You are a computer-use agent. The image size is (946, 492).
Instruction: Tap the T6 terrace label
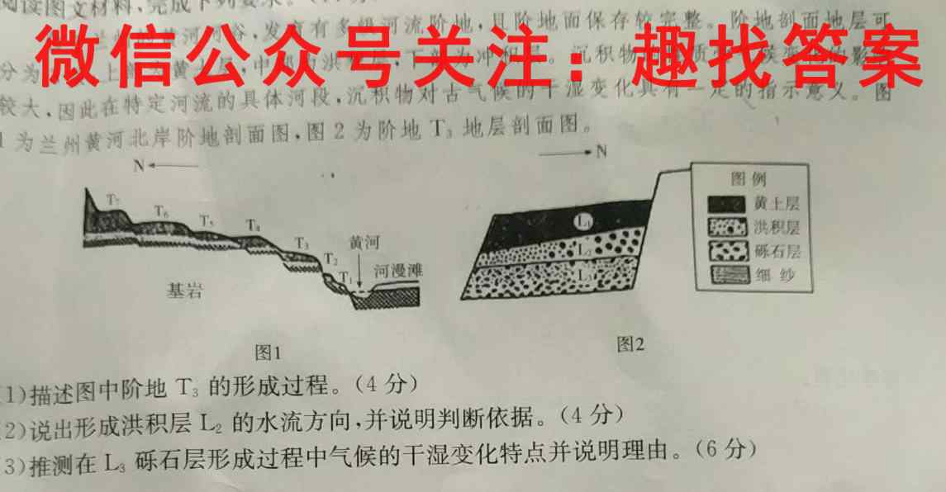point(163,213)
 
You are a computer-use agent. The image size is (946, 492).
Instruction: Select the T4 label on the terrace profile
point(254,225)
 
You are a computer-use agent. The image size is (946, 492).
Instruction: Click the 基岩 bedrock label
point(183,291)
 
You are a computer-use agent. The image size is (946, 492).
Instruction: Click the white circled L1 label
point(583,220)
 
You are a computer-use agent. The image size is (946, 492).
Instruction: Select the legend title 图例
point(749,179)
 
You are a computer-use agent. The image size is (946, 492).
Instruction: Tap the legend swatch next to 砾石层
point(725,251)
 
